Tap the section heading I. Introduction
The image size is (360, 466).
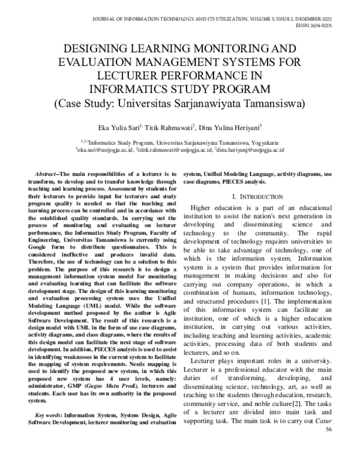pyautogui.click(x=259, y=196)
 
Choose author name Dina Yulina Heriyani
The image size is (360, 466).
pyautogui.click(x=227, y=128)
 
